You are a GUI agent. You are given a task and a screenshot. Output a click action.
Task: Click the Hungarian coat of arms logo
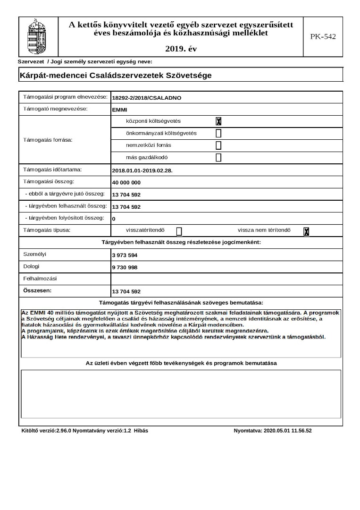click(x=38, y=36)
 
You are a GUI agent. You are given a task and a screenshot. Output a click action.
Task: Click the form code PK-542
click(x=323, y=36)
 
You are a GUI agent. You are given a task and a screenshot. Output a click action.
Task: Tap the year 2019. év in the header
click(x=181, y=49)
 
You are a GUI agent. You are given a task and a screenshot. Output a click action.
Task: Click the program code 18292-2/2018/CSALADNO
click(x=147, y=98)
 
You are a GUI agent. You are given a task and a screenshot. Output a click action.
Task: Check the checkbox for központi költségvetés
click(x=218, y=121)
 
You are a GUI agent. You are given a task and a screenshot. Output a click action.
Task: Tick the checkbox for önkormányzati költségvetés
click(x=218, y=133)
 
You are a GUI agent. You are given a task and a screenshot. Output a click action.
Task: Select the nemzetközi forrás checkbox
click(x=218, y=145)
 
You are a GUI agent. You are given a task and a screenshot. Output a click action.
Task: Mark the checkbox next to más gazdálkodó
click(x=218, y=158)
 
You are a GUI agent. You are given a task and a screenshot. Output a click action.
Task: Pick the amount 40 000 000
click(x=126, y=182)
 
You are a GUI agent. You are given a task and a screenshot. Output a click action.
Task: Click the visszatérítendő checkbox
click(x=179, y=231)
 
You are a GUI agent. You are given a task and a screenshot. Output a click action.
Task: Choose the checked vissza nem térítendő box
click(x=306, y=231)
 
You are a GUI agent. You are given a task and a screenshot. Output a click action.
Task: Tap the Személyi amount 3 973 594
click(x=125, y=255)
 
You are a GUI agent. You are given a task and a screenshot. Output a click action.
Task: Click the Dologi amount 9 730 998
click(x=125, y=268)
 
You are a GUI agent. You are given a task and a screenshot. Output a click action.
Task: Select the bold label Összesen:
click(x=37, y=290)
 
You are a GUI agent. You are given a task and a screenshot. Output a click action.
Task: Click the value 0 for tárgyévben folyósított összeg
click(x=114, y=219)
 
